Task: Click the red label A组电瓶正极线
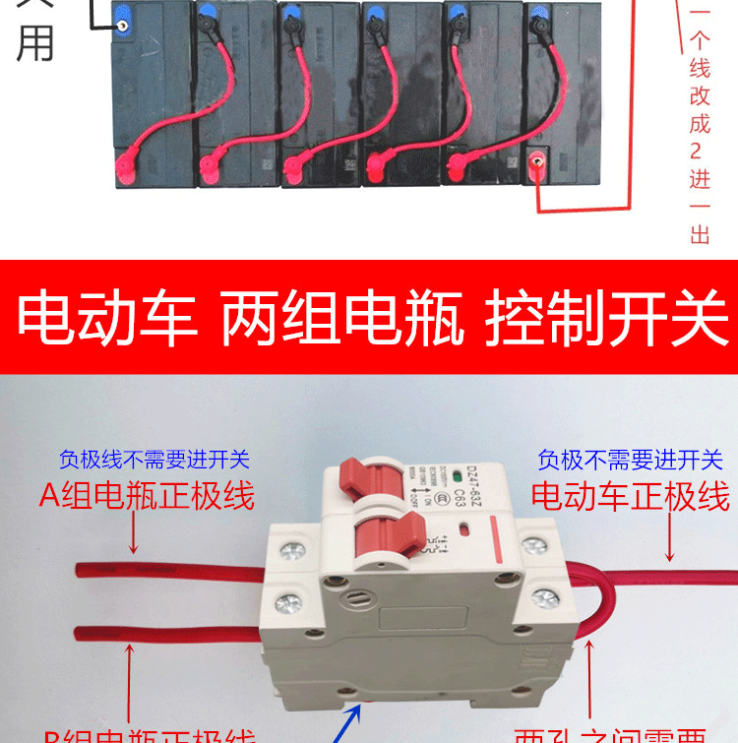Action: (147, 494)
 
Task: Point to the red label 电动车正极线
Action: (631, 495)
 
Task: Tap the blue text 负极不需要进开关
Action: (631, 460)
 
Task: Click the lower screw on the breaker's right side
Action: (543, 596)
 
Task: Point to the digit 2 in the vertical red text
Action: (700, 152)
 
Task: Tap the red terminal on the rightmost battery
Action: (536, 164)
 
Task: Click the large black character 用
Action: (35, 42)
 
